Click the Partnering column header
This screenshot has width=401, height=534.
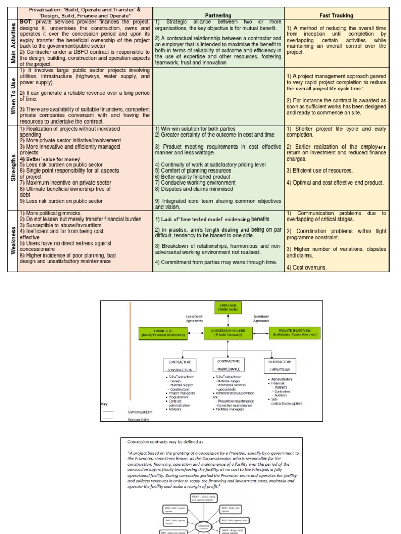click(x=218, y=15)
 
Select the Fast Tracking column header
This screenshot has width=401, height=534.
click(x=336, y=15)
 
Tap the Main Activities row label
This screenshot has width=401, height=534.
click(x=14, y=44)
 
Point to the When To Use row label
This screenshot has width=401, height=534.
click(x=14, y=96)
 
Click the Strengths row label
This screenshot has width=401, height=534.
click(x=14, y=167)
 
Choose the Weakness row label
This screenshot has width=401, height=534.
click(x=14, y=241)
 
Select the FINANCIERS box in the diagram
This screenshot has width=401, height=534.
click(x=162, y=333)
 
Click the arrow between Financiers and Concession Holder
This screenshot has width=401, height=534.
click(x=195, y=333)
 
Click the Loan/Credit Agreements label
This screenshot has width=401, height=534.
click(x=194, y=318)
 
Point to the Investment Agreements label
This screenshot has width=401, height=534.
click(x=261, y=318)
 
